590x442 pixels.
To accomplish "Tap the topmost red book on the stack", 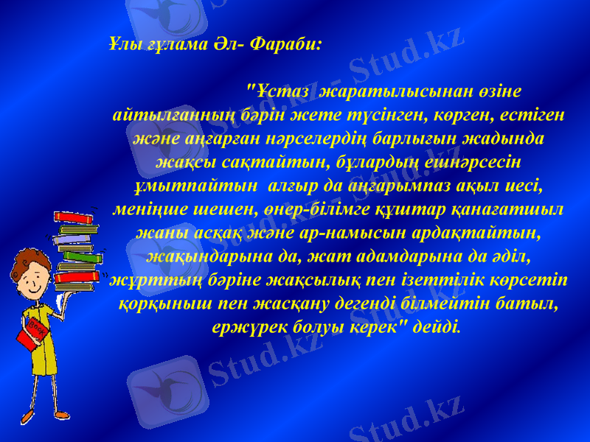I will pyautogui.click(x=74, y=217).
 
